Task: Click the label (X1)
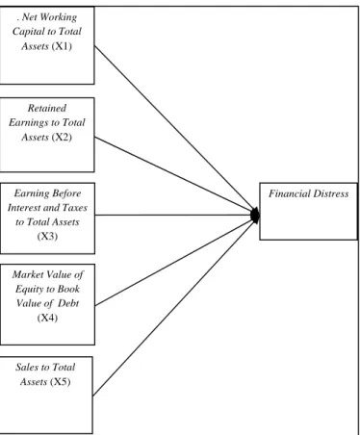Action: [62, 46]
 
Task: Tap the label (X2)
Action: [62, 138]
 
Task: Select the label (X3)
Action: [47, 237]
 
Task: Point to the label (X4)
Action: [47, 318]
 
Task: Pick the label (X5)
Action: [61, 382]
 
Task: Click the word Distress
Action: [331, 193]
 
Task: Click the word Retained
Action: [47, 108]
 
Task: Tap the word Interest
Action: [23, 208]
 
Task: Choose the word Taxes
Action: [75, 208]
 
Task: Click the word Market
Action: [28, 274]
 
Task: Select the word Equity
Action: [26, 290]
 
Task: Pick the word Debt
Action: [68, 303]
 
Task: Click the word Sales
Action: [26, 367]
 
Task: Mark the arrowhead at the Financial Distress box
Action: [255, 216]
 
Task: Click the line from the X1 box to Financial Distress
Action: [175, 130]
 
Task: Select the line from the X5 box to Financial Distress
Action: [174, 306]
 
